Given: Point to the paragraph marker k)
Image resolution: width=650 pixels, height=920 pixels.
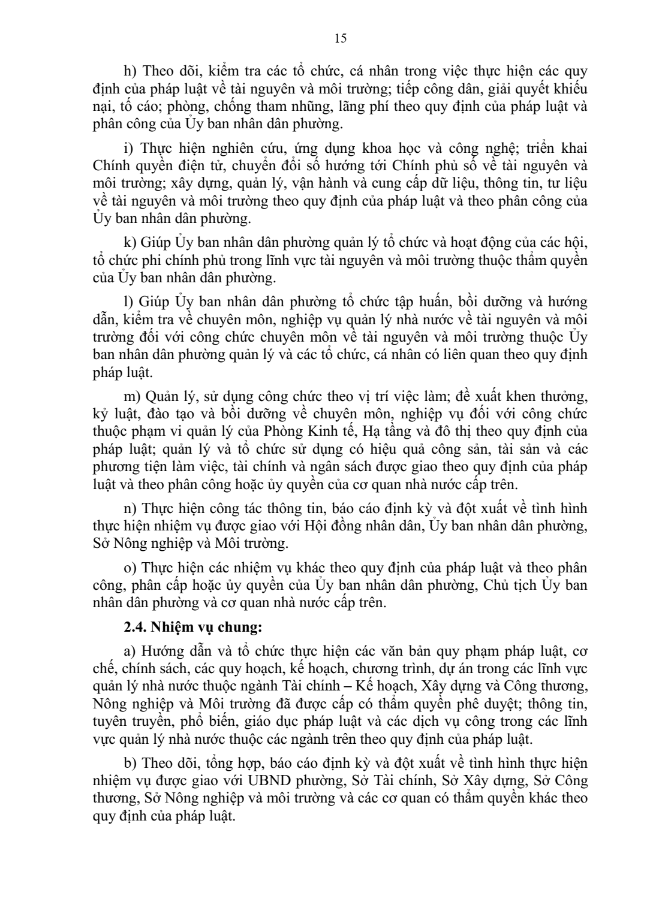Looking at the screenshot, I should point(130,243).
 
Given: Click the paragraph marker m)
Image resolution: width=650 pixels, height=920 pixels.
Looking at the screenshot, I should point(131,396).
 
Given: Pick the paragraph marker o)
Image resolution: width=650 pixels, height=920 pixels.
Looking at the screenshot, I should point(130,568).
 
